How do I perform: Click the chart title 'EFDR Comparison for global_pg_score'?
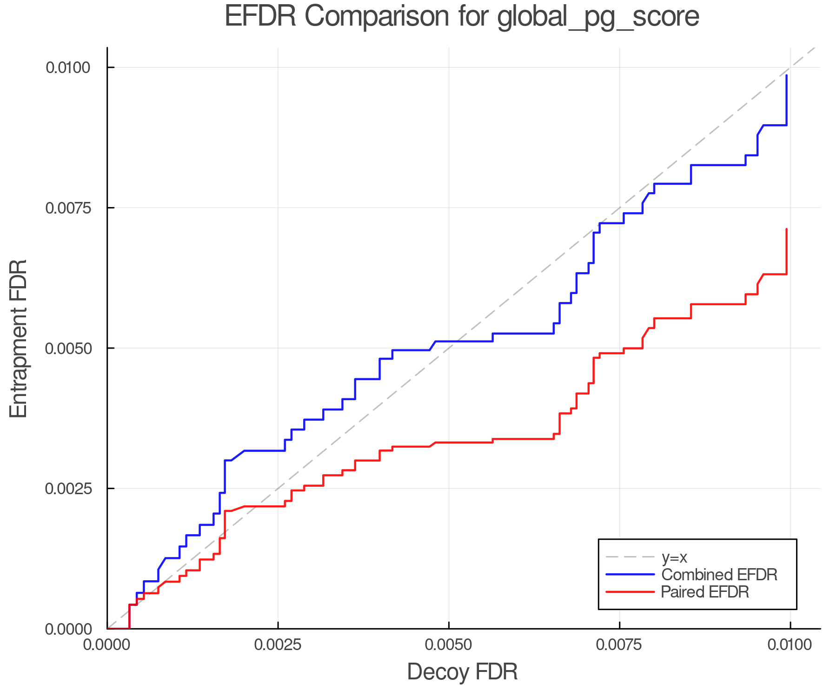(462, 17)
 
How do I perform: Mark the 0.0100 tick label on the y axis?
(67, 67)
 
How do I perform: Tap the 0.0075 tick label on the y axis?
(67, 208)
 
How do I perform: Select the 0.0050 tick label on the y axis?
(67, 348)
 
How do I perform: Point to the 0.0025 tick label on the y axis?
(67, 489)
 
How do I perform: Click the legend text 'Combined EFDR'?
(719, 575)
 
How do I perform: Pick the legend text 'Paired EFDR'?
(705, 592)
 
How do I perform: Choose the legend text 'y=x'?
(674, 557)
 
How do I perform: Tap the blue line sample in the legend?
(630, 575)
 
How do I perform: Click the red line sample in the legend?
(630, 592)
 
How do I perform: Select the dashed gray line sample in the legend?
(630, 557)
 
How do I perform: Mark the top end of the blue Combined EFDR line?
(786, 75)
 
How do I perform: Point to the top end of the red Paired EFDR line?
(786, 229)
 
